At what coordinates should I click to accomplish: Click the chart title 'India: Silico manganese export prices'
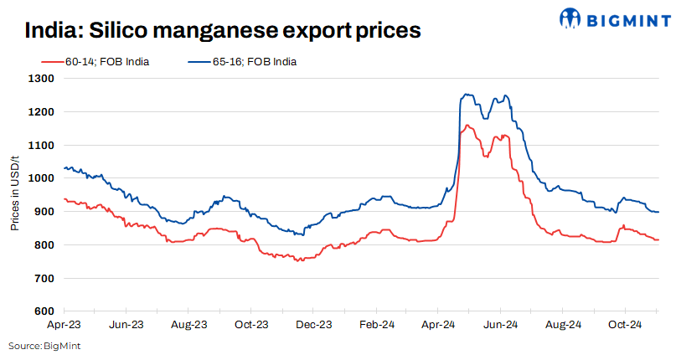[222, 32]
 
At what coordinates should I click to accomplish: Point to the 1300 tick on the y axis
[43, 79]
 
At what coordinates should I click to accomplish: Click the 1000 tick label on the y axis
[43, 178]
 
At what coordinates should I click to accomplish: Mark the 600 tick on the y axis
[45, 311]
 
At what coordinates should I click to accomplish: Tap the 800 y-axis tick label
[45, 244]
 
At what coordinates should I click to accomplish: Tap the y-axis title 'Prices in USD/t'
[15, 194]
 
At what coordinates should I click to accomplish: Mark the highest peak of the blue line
[464, 95]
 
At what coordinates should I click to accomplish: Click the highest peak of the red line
[467, 126]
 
